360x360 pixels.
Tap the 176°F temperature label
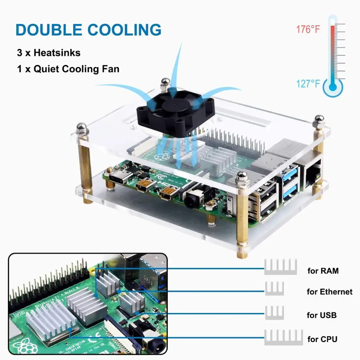tap(308, 29)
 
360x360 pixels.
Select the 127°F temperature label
tap(308, 84)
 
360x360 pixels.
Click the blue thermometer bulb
tap(333, 87)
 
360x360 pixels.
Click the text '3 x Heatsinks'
tap(49, 53)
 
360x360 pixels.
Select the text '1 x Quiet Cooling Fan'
tap(68, 69)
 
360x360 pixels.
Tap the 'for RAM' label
tap(323, 271)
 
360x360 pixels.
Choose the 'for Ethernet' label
tap(329, 292)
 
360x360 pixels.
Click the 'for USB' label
tap(321, 315)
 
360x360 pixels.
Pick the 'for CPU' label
tap(323, 339)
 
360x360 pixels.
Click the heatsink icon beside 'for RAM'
tap(280, 267)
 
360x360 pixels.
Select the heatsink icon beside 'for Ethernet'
tap(274, 288)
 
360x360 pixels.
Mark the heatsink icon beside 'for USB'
tap(274, 312)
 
